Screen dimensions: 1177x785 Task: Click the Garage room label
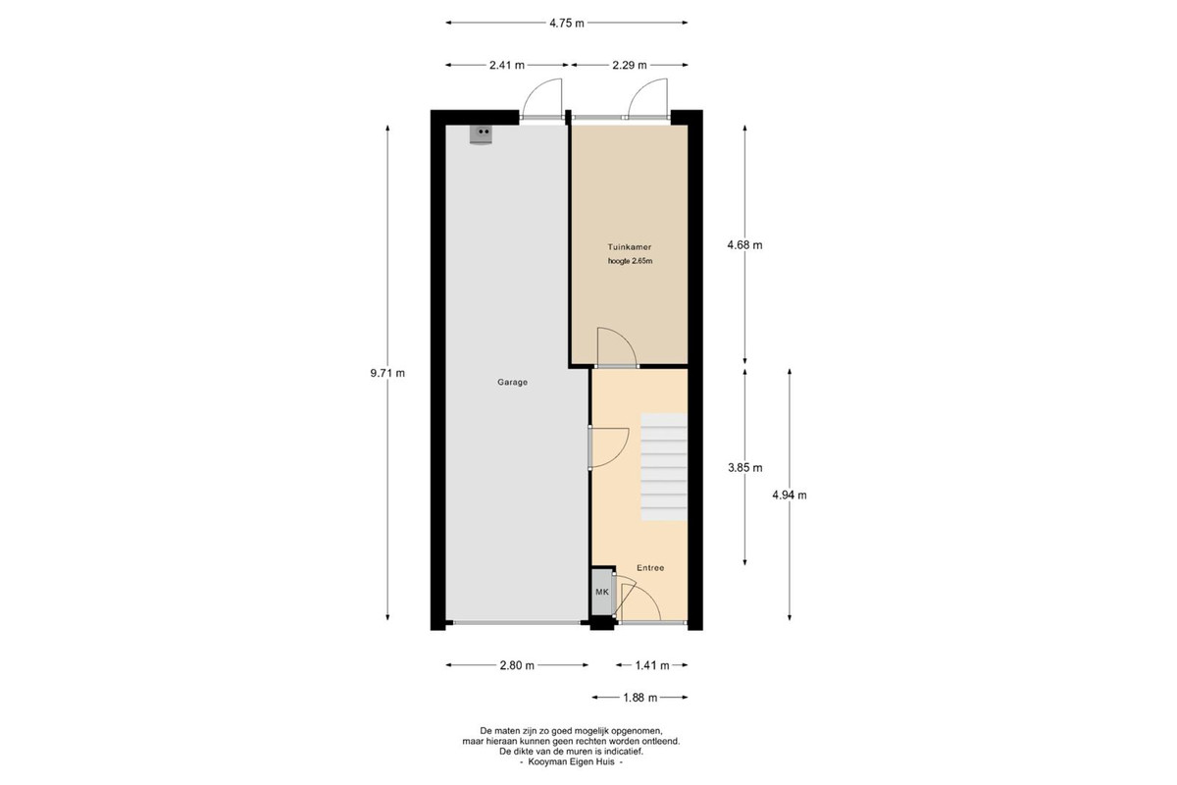pos(512,383)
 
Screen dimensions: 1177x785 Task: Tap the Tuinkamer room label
pos(630,246)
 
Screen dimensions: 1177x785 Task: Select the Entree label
pos(650,568)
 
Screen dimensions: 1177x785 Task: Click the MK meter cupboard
pos(602,592)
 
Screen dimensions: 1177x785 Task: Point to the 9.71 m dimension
pos(387,373)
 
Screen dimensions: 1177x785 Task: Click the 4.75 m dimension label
pos(567,24)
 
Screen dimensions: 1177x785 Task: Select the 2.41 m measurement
pos(507,65)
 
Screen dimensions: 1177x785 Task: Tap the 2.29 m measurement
pos(630,65)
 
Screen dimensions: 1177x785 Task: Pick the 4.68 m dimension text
pos(745,245)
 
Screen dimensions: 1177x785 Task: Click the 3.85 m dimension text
pos(745,467)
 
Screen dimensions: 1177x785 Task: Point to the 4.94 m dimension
pos(790,495)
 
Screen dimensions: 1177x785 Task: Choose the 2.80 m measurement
pos(517,665)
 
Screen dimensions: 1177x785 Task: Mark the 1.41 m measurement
pos(652,665)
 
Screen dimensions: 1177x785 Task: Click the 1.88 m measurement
pos(640,698)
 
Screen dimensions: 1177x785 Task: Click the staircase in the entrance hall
pos(664,467)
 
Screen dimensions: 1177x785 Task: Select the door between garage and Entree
pos(608,447)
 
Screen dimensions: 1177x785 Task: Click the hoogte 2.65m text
pos(630,261)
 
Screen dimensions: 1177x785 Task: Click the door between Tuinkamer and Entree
pos(616,347)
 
